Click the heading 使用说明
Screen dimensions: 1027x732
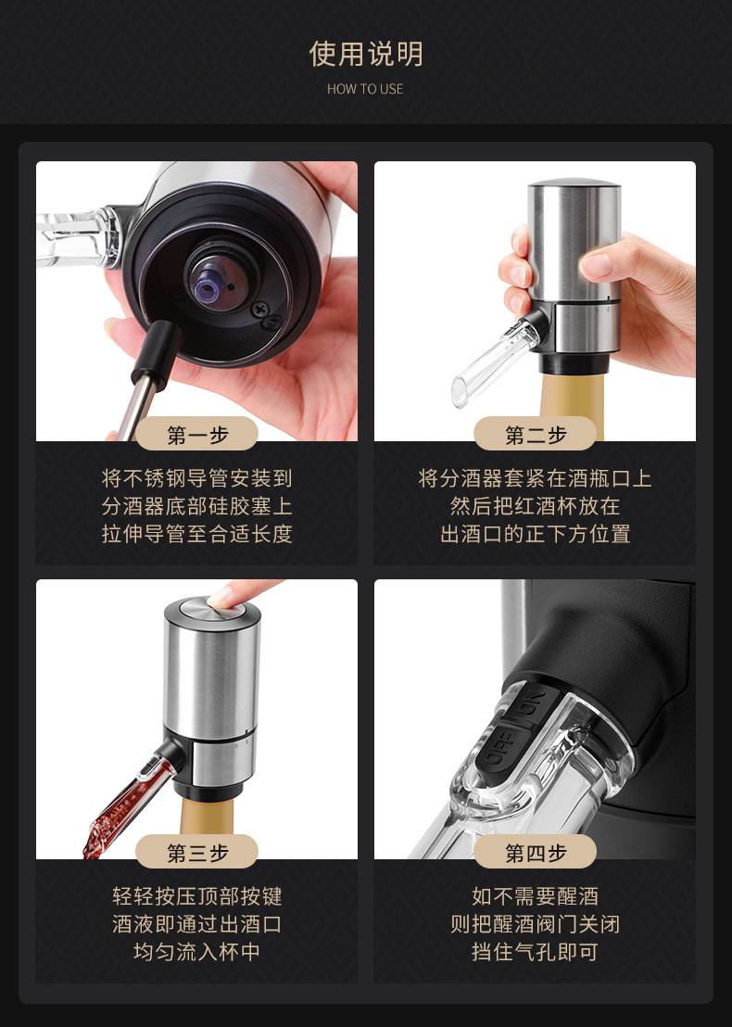(365, 54)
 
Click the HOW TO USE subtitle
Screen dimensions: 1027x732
(365, 89)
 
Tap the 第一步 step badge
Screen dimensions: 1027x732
(196, 434)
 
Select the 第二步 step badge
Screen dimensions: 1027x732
(535, 434)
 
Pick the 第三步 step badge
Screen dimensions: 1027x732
(196, 852)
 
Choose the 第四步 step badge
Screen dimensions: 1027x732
(535, 852)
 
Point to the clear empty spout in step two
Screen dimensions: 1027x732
(482, 362)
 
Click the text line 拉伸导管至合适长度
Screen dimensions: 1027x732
(196, 535)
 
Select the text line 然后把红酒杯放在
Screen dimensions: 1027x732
(535, 507)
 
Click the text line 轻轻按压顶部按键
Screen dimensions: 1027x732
(196, 896)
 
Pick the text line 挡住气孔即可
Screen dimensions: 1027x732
(535, 952)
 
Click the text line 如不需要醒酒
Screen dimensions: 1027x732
(535, 896)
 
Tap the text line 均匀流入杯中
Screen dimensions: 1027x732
(196, 952)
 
